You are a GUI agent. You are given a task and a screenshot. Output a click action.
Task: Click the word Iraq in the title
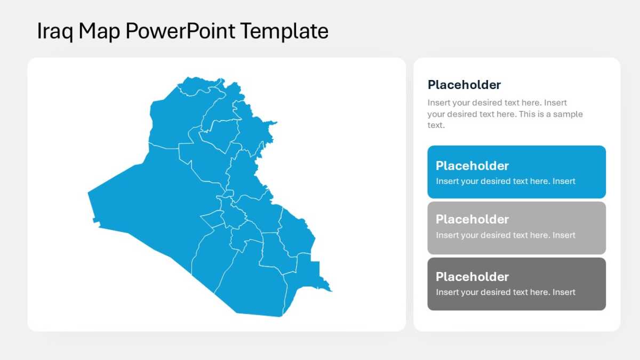(x=55, y=31)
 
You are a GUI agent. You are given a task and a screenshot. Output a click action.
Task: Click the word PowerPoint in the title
(x=180, y=31)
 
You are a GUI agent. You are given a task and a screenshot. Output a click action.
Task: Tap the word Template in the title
(x=284, y=30)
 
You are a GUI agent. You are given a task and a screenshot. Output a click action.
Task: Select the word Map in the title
(x=99, y=31)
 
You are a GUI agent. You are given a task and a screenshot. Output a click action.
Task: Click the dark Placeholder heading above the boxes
(x=464, y=85)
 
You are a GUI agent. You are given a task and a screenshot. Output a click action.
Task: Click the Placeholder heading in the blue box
(x=472, y=166)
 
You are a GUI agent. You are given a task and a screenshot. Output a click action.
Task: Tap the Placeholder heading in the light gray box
(x=472, y=219)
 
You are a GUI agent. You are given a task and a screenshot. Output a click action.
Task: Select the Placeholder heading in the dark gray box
(x=472, y=277)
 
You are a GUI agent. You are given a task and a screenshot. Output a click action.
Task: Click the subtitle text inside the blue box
(x=506, y=181)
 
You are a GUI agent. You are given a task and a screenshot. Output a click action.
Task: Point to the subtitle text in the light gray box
(x=506, y=235)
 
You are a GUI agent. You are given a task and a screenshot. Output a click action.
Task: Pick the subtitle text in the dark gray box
(x=506, y=292)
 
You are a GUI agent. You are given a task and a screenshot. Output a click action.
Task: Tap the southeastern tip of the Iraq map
(x=332, y=291)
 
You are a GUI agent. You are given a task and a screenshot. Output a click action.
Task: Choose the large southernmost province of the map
(x=251, y=283)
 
